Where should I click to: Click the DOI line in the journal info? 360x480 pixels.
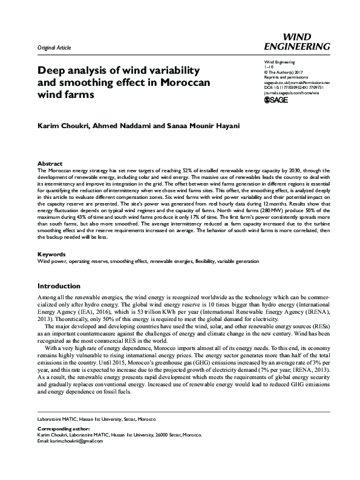[x=290, y=86]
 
